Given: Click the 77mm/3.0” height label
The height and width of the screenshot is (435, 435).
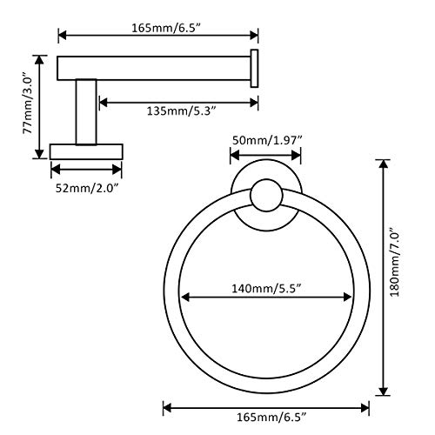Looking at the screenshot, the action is click(29, 103).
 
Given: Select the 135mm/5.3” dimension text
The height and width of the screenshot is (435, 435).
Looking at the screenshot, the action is click(182, 111).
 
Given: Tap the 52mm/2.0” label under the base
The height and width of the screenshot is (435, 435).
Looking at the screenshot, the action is click(87, 189).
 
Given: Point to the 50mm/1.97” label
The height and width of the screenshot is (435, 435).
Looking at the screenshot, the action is click(267, 141).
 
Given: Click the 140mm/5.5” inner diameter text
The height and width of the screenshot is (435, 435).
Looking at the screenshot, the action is click(267, 289).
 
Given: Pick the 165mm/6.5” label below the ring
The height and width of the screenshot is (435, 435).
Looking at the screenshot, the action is click(271, 418).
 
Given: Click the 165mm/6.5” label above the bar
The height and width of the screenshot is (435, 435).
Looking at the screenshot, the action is click(166, 29).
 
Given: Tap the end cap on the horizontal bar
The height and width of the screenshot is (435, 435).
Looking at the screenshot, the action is click(254, 69).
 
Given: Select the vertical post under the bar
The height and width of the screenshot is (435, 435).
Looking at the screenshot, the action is click(86, 112).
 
